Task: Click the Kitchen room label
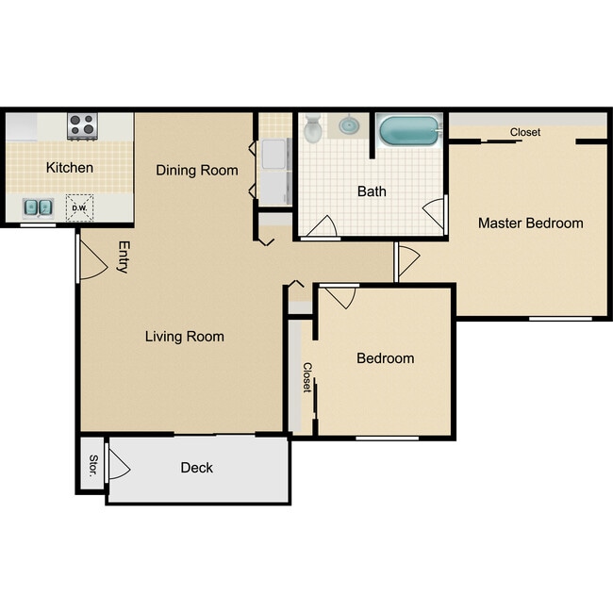(x=70, y=168)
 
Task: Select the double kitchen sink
(x=39, y=207)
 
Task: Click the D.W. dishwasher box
(x=79, y=207)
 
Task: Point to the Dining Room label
(x=196, y=170)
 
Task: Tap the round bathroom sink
(x=350, y=124)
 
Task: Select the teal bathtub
(x=409, y=130)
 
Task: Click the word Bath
(x=371, y=191)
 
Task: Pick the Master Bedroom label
(x=530, y=224)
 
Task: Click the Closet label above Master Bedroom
(x=525, y=133)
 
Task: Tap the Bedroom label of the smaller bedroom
(x=385, y=358)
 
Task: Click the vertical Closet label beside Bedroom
(x=306, y=378)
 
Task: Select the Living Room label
(x=184, y=337)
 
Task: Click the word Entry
(x=124, y=257)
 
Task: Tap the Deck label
(x=196, y=468)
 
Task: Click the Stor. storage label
(x=91, y=466)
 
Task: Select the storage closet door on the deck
(x=119, y=463)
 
